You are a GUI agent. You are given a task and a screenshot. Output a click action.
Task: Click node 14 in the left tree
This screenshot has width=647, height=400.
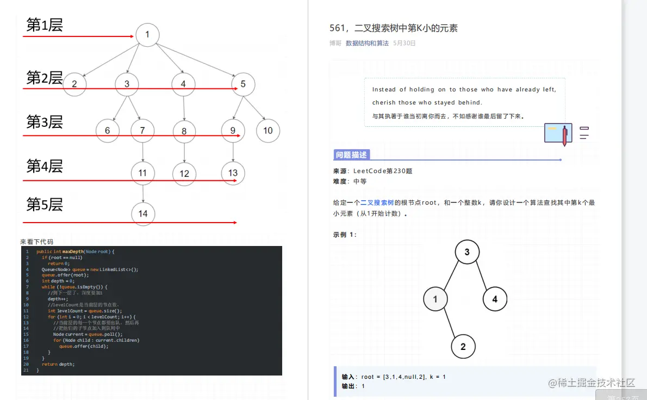pyautogui.click(x=142, y=213)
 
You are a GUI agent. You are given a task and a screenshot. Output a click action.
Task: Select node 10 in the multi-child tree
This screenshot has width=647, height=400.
pyautogui.click(x=267, y=131)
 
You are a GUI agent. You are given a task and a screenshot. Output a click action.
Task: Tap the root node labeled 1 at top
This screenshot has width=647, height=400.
pyautogui.click(x=147, y=35)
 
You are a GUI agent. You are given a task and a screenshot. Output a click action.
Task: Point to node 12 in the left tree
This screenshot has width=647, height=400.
pyautogui.click(x=184, y=174)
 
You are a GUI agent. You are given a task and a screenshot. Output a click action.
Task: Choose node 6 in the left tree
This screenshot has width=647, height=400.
pyautogui.click(x=108, y=131)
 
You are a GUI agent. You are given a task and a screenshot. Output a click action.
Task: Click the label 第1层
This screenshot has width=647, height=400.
pyautogui.click(x=45, y=25)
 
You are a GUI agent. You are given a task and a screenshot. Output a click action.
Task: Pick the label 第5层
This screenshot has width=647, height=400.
pyautogui.click(x=45, y=205)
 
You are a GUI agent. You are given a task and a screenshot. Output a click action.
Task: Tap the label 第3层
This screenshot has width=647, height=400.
pyautogui.click(x=45, y=122)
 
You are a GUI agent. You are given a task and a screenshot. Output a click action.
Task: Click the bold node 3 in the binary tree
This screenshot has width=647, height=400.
pyautogui.click(x=467, y=252)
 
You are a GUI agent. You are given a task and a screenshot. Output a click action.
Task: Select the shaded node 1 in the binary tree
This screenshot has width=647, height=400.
pyautogui.click(x=436, y=299)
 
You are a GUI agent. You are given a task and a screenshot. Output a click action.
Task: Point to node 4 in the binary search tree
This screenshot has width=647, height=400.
pyautogui.click(x=495, y=299)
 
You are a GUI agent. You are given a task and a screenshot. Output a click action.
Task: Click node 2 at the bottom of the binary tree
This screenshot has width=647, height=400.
pyautogui.click(x=463, y=346)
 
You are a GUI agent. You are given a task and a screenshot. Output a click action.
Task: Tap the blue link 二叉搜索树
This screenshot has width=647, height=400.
pyautogui.click(x=377, y=202)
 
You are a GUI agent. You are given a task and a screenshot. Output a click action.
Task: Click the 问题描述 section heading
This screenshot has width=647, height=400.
pyautogui.click(x=351, y=155)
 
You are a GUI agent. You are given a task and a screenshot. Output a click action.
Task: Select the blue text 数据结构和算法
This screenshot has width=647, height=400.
pyautogui.click(x=367, y=43)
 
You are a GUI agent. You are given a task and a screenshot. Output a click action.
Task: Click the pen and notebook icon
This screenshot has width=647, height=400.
pyautogui.click(x=558, y=133)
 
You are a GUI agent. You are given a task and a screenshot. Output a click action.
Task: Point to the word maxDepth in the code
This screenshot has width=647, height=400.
pyautogui.click(x=74, y=251)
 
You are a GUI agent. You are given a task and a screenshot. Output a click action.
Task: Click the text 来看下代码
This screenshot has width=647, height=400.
pyautogui.click(x=36, y=242)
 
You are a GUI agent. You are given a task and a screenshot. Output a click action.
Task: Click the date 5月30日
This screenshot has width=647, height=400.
pyautogui.click(x=405, y=43)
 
